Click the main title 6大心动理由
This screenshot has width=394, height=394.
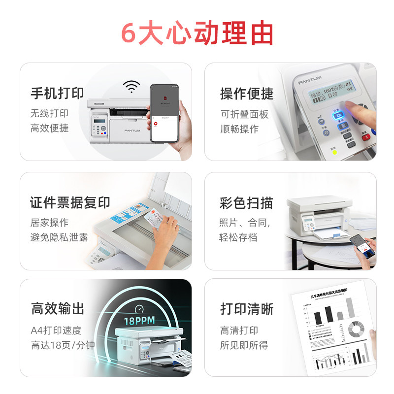[197, 33]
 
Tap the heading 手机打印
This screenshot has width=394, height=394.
[57, 93]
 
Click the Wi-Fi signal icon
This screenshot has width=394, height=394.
[131, 87]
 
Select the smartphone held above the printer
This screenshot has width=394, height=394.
[164, 113]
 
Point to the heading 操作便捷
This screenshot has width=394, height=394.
[247, 93]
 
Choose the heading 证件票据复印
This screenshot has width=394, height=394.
[70, 202]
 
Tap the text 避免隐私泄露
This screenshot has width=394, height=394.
[59, 237]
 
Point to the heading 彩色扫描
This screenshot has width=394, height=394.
[246, 203]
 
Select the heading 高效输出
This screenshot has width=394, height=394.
[58, 309]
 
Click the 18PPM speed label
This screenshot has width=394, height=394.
[139, 321]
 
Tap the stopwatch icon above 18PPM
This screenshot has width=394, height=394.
[139, 309]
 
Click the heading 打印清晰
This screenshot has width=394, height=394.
[247, 309]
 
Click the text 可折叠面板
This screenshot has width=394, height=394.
[245, 114]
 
